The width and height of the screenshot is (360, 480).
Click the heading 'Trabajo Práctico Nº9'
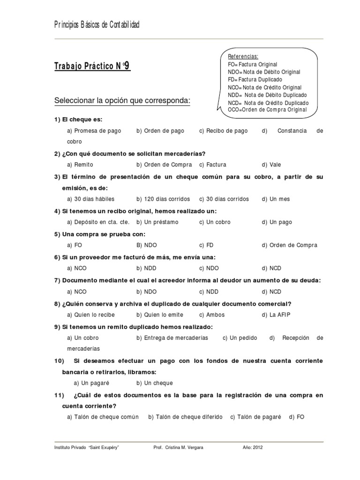pyautogui.click(x=93, y=67)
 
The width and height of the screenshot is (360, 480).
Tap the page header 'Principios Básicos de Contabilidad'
pyautogui.click(x=97, y=24)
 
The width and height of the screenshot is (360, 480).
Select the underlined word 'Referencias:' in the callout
pyautogui.click(x=243, y=57)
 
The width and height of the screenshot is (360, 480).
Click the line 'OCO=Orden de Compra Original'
pyautogui.click(x=267, y=110)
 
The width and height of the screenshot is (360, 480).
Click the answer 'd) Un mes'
pyautogui.click(x=276, y=199)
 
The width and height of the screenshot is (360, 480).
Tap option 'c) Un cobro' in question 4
pyautogui.click(x=215, y=222)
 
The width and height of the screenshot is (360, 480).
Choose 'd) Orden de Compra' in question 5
pyautogui.click(x=290, y=245)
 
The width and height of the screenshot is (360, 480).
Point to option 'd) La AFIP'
pyautogui.click(x=277, y=315)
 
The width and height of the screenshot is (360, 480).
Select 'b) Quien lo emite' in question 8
pyautogui.click(x=160, y=315)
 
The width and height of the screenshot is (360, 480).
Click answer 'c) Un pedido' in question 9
pyautogui.click(x=240, y=337)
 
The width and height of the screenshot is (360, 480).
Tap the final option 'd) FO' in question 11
pyautogui.click(x=297, y=417)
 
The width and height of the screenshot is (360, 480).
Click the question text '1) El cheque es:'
pyautogui.click(x=78, y=120)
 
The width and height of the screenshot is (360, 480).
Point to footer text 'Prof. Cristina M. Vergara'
pyautogui.click(x=179, y=448)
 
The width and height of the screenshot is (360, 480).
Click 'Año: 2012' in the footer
pyautogui.click(x=253, y=448)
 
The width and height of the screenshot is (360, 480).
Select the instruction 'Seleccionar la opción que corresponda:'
pyautogui.click(x=122, y=101)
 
